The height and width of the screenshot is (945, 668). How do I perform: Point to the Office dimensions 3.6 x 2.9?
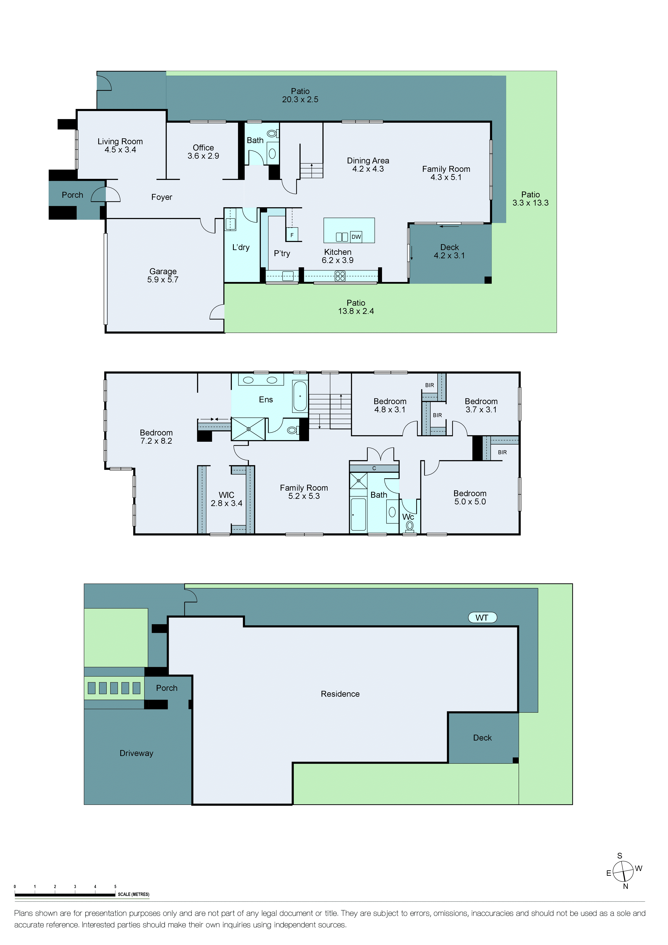pos(203,156)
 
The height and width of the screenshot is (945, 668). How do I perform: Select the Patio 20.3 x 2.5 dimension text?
pos(300,100)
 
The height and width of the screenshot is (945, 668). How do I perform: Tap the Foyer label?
pos(161,197)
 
